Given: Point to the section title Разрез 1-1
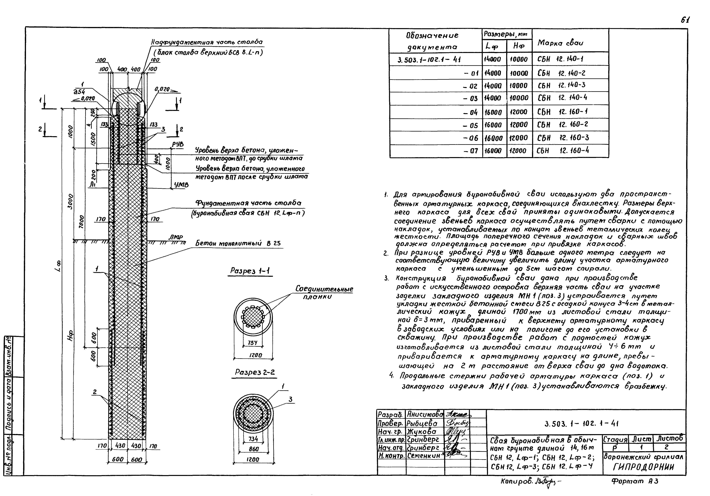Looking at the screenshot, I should coord(250,271).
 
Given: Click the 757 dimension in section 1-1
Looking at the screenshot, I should coord(252,343).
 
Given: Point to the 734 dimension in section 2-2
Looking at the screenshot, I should coord(254,439).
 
